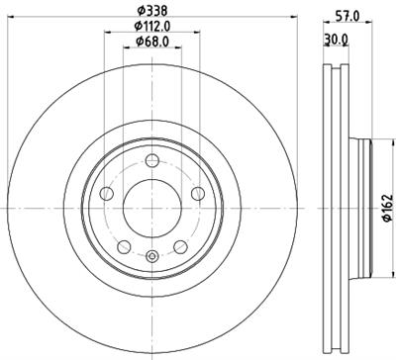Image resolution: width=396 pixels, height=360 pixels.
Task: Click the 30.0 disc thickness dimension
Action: [x=338, y=40]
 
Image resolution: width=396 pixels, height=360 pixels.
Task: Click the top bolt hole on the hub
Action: [x=150, y=162]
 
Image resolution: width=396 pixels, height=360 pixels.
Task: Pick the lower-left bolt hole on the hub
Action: [x=124, y=244]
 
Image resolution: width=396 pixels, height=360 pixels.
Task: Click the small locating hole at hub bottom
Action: [x=150, y=259]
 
